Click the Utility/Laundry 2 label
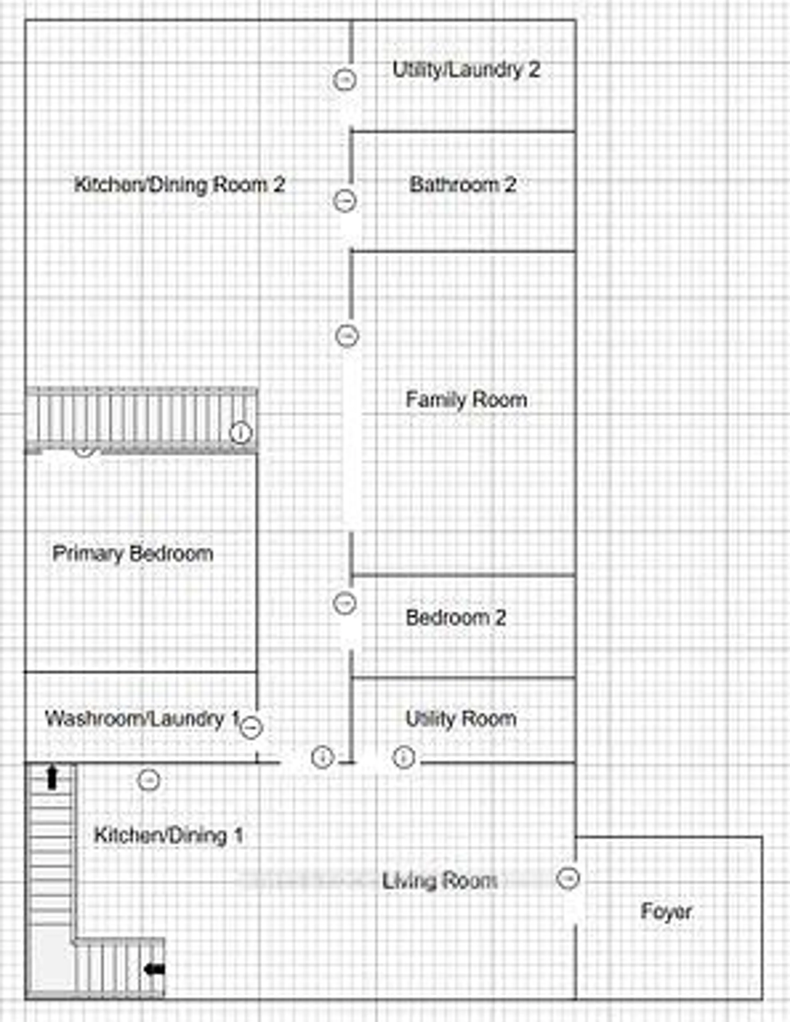(x=466, y=70)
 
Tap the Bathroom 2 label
(x=463, y=185)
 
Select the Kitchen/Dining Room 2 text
(x=180, y=185)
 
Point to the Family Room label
(x=466, y=400)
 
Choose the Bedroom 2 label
(x=456, y=618)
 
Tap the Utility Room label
(x=461, y=719)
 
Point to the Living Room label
(x=440, y=881)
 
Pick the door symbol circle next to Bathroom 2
(x=345, y=201)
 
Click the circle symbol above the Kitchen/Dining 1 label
(x=149, y=780)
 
